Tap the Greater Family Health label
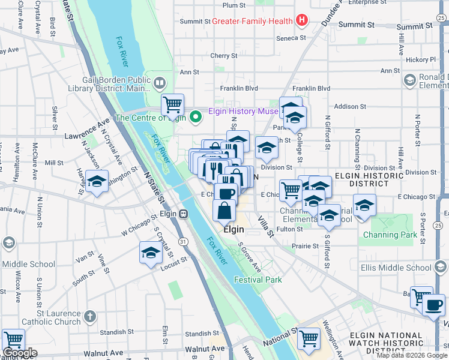(252, 22)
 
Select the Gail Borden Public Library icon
(159, 82)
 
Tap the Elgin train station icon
(183, 214)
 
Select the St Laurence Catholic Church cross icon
(90, 316)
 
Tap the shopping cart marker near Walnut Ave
(13, 340)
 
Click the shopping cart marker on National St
(309, 339)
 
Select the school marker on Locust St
(151, 253)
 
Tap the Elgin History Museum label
(243, 111)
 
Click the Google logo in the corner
(19, 353)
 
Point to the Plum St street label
(234, 5)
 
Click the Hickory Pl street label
(420, 60)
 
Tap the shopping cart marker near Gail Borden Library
(172, 105)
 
